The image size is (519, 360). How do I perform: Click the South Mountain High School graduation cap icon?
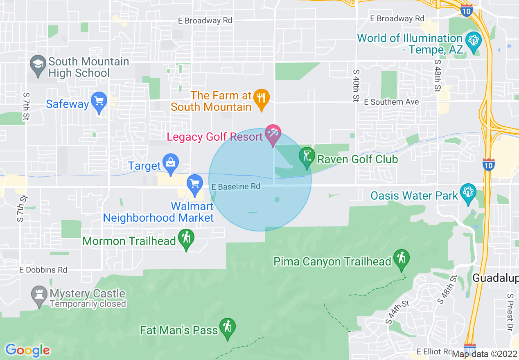(38, 64)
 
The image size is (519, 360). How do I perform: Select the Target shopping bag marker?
(170, 162)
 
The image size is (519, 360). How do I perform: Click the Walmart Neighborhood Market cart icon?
(195, 183)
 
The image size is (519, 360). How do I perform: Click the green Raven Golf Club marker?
(307, 156)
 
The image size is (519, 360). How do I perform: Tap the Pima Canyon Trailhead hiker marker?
(401, 258)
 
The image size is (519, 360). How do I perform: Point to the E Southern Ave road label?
(392, 102)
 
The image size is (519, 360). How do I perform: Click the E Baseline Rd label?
(236, 187)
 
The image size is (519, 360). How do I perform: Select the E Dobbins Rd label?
(43, 270)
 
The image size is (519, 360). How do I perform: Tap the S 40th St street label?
(356, 85)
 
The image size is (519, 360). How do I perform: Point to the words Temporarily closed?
(88, 304)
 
